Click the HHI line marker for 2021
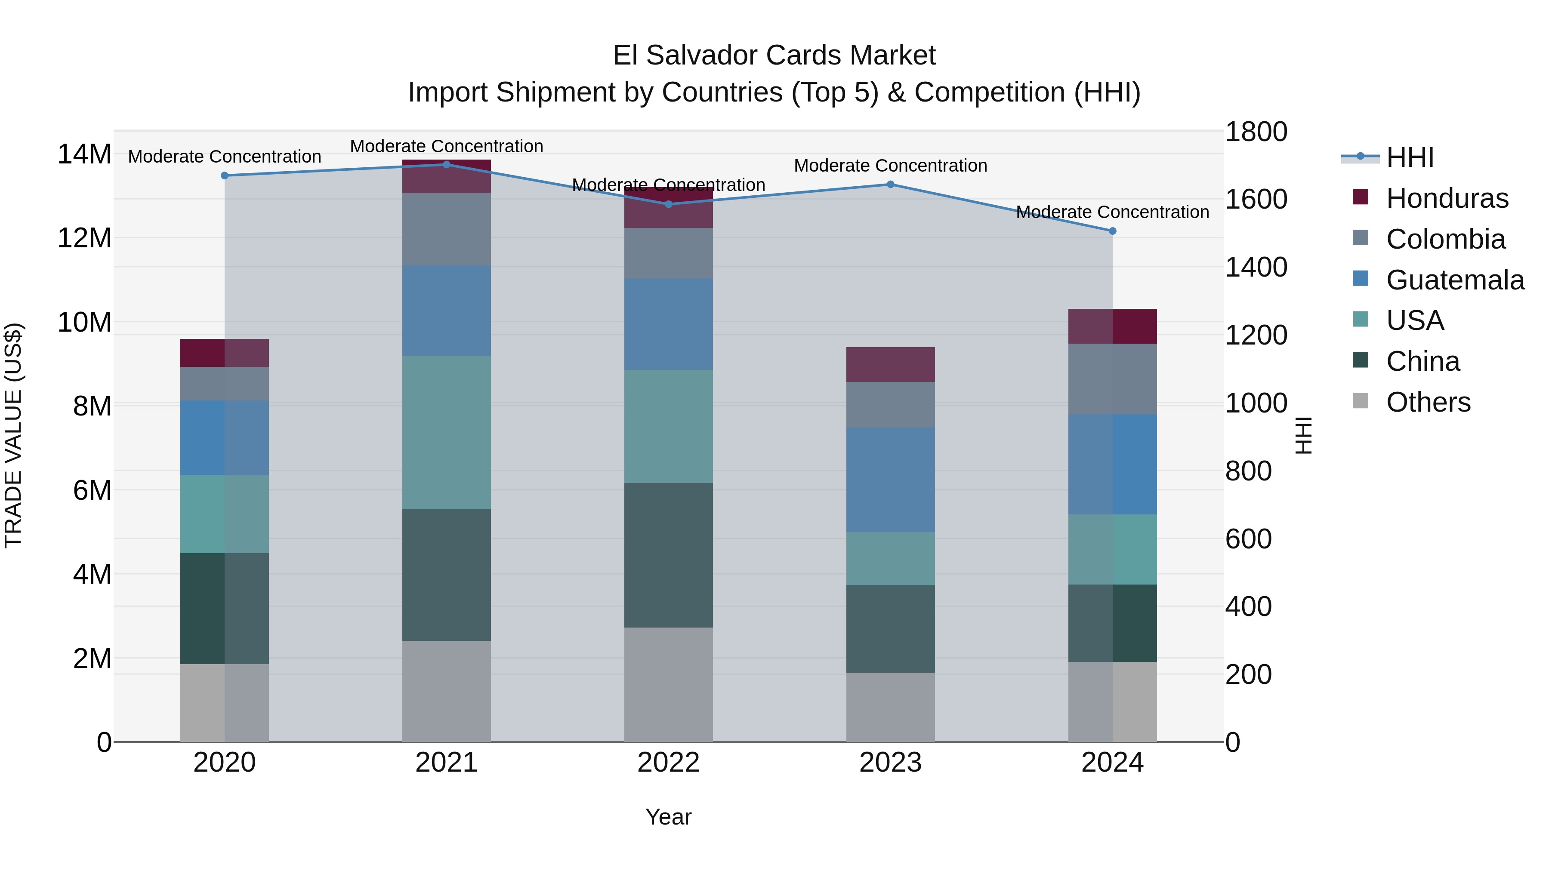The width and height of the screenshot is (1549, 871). pyautogui.click(x=446, y=164)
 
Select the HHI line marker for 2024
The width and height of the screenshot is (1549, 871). pyautogui.click(x=1112, y=231)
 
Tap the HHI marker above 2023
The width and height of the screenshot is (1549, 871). pyautogui.click(x=891, y=185)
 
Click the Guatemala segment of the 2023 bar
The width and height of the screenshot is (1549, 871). pyautogui.click(x=891, y=479)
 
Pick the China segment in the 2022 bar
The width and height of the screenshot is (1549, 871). pyautogui.click(x=668, y=555)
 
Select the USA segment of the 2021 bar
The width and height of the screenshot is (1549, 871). pyautogui.click(x=446, y=432)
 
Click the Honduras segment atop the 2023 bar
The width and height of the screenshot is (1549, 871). pyautogui.click(x=891, y=364)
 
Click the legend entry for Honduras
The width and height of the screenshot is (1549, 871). pyautogui.click(x=1447, y=198)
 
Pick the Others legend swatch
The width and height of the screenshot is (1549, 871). pyautogui.click(x=1360, y=401)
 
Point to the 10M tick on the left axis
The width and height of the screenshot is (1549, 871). pyautogui.click(x=84, y=323)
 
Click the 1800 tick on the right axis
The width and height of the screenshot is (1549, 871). pyautogui.click(x=1256, y=132)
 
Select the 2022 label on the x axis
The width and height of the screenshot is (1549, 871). pyautogui.click(x=668, y=763)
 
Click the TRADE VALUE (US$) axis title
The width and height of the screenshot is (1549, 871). pyautogui.click(x=14, y=435)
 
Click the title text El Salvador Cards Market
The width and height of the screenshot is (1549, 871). pyautogui.click(x=774, y=55)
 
